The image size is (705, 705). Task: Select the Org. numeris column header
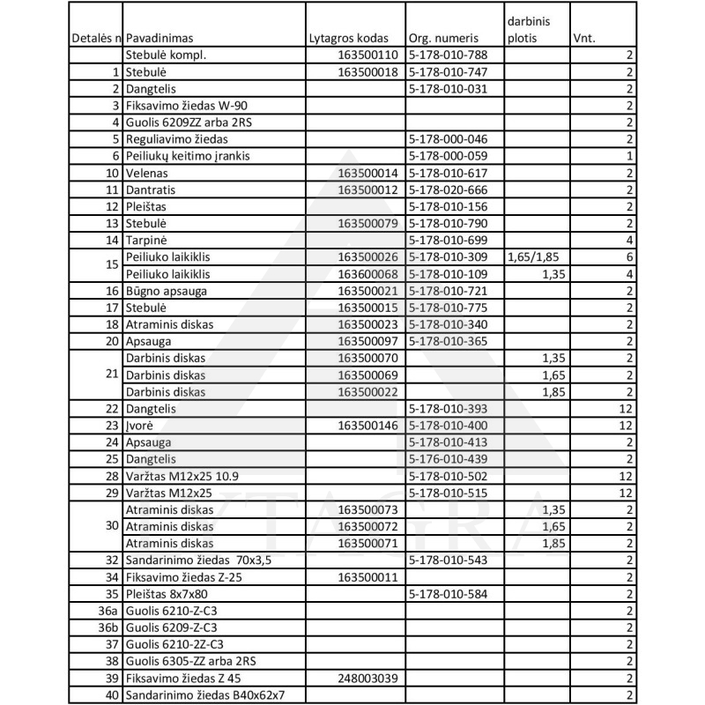point(444,40)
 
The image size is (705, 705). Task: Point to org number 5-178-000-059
point(449,156)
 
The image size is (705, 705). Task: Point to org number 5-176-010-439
point(449,459)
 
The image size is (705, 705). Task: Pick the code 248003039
point(368,678)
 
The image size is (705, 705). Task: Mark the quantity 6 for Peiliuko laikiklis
point(629,257)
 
